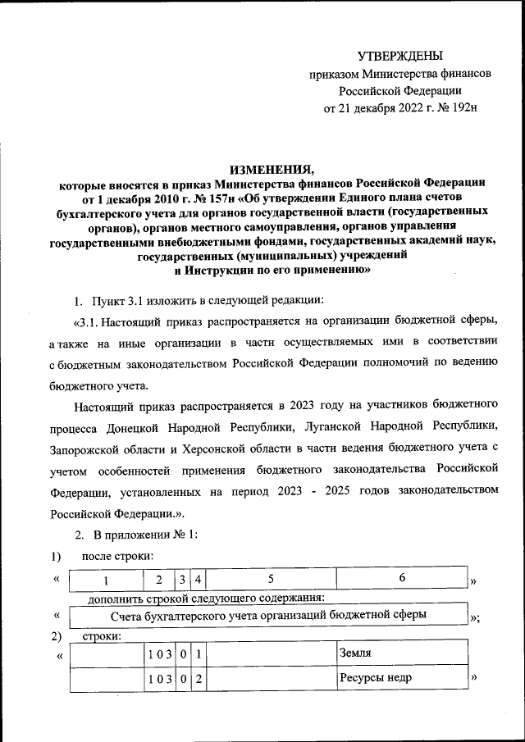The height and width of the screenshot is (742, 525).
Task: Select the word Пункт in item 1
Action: pos(108,297)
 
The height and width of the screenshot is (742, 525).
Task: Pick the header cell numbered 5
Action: pos(270,580)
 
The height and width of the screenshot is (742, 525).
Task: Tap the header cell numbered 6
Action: pos(402,579)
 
